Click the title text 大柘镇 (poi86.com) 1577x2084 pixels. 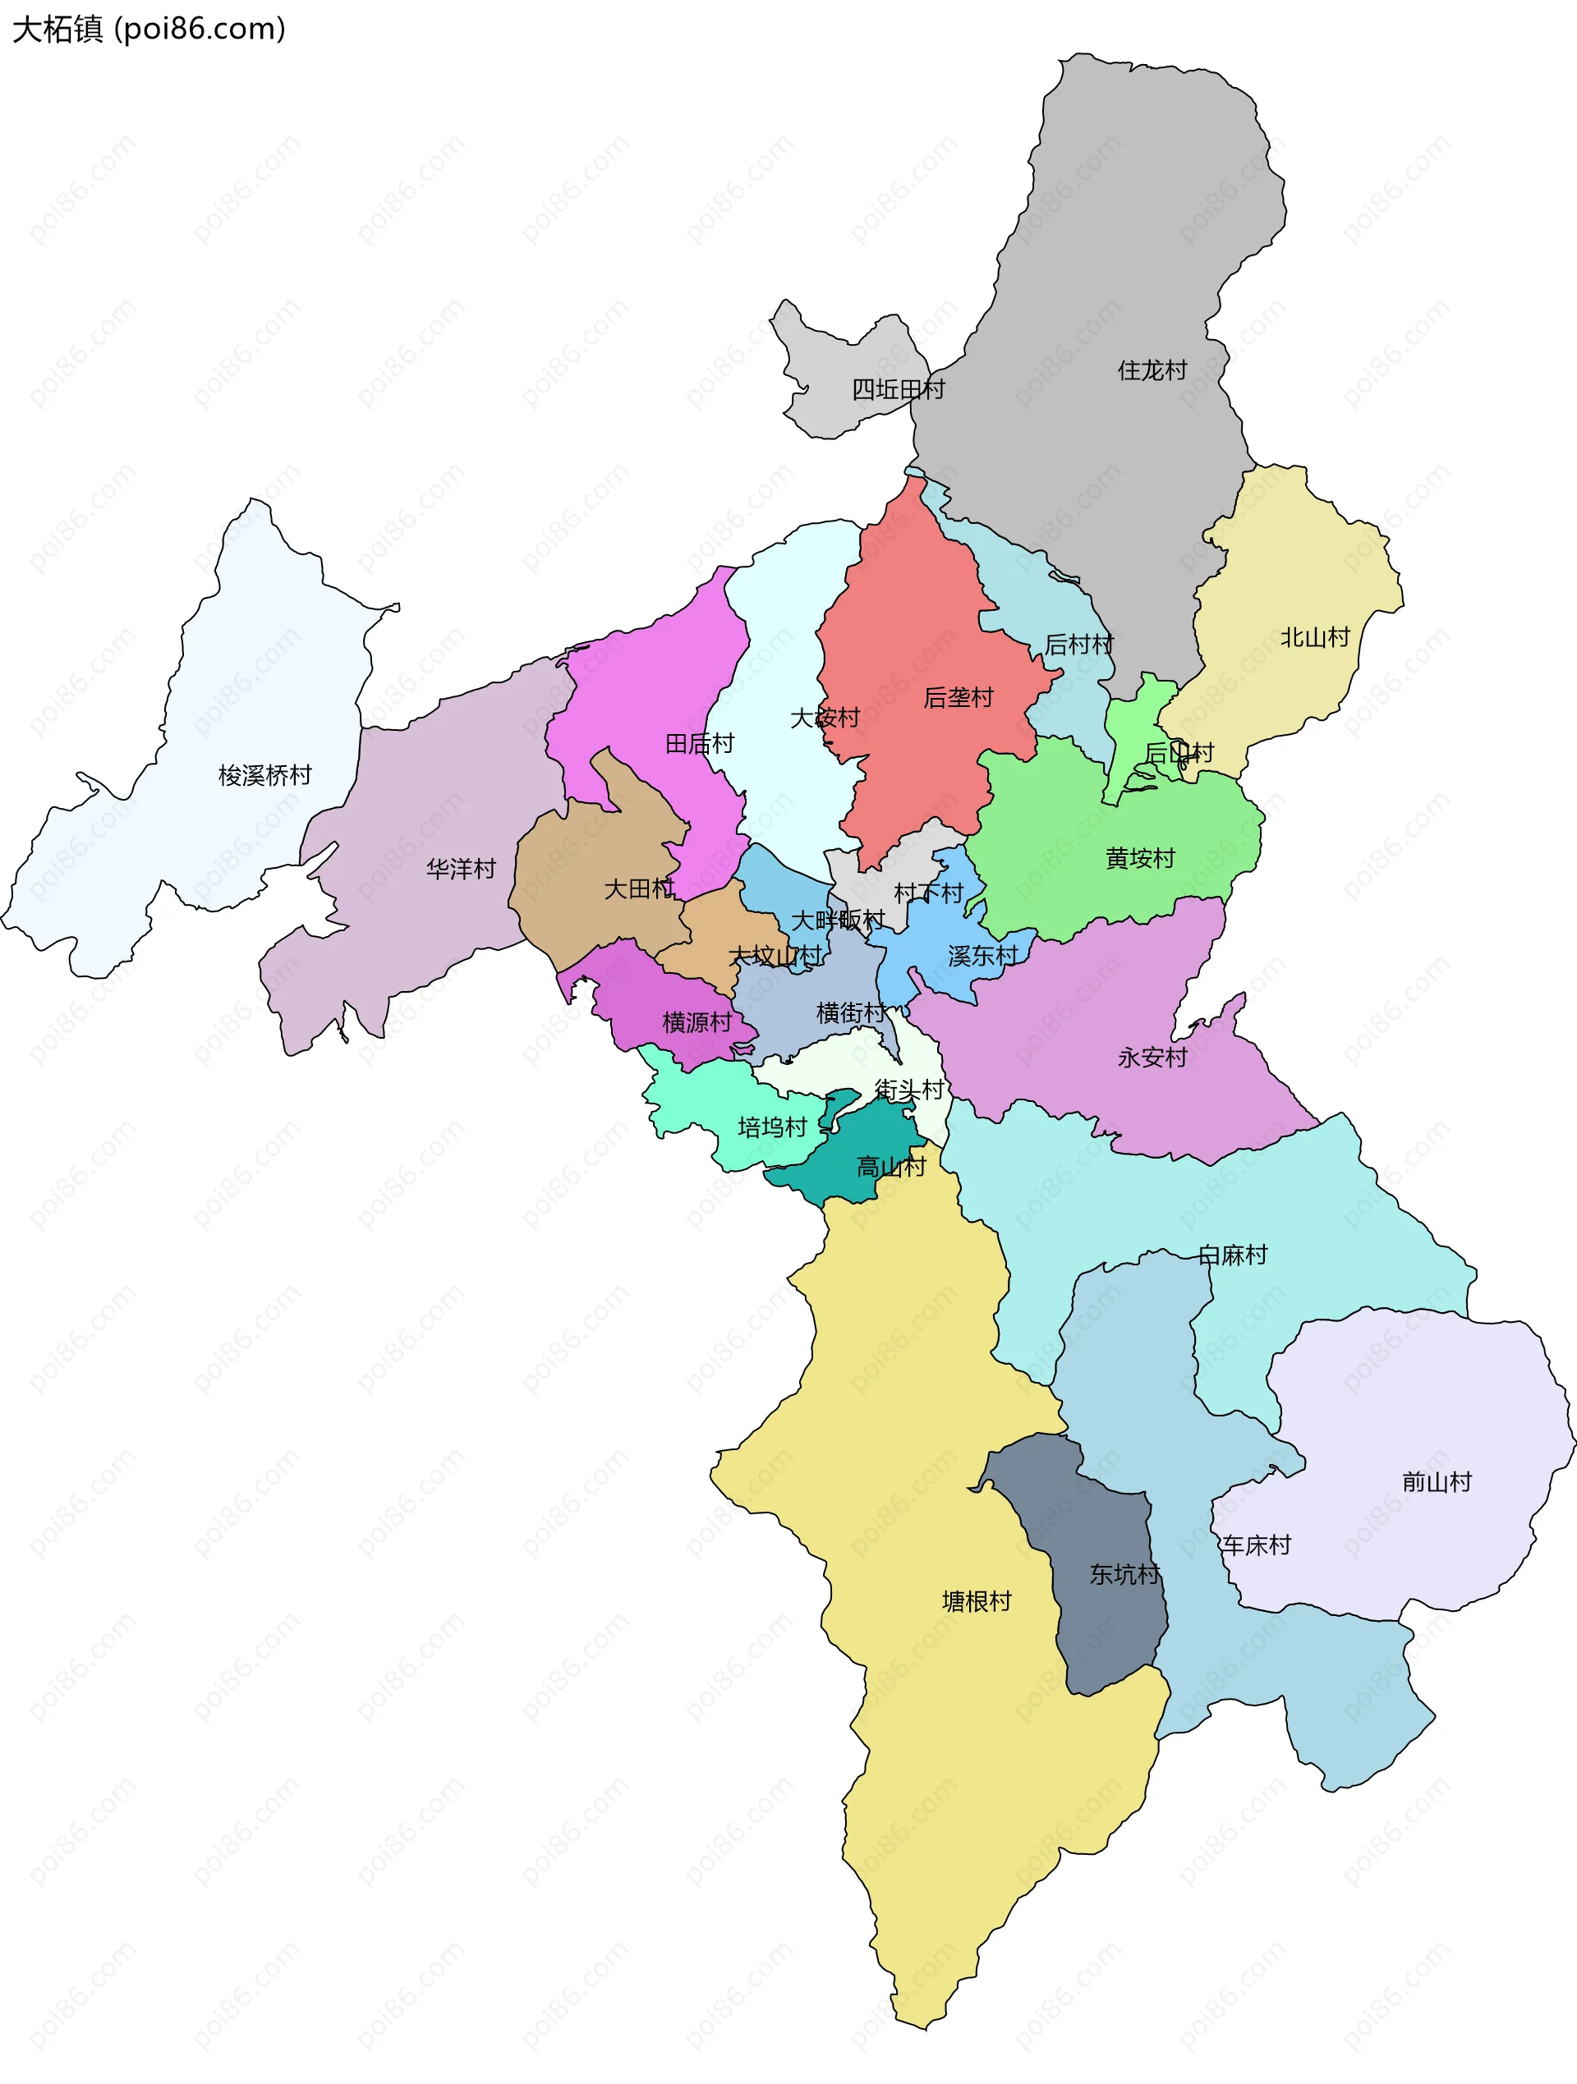148,30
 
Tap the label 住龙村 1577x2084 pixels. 1152,370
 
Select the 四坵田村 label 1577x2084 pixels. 898,389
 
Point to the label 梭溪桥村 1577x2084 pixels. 264,775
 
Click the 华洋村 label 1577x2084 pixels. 461,869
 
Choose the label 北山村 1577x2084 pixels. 1315,638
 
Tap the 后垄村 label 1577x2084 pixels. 959,697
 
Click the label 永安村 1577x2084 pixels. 1152,1057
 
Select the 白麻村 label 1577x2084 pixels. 1233,1255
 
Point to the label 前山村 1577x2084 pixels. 1437,1482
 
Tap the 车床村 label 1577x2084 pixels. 1257,1545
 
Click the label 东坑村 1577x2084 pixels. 1124,1574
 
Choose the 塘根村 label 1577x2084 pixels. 977,1602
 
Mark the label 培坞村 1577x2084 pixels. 772,1127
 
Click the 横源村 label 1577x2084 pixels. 697,1022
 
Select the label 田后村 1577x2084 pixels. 700,743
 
